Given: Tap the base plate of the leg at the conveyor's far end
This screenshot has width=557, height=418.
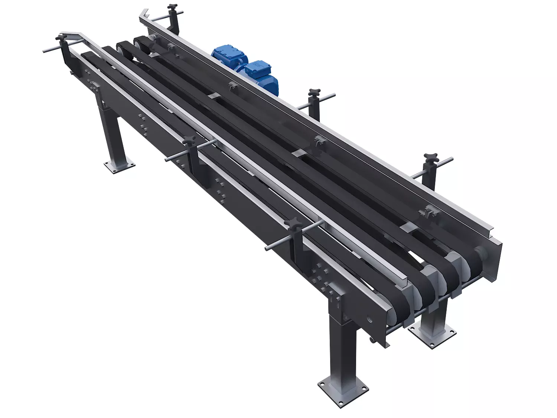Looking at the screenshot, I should pos(119,165).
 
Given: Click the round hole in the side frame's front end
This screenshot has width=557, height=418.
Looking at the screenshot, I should pos(370,319).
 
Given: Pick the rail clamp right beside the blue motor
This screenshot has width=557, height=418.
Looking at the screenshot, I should pos(231,87).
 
